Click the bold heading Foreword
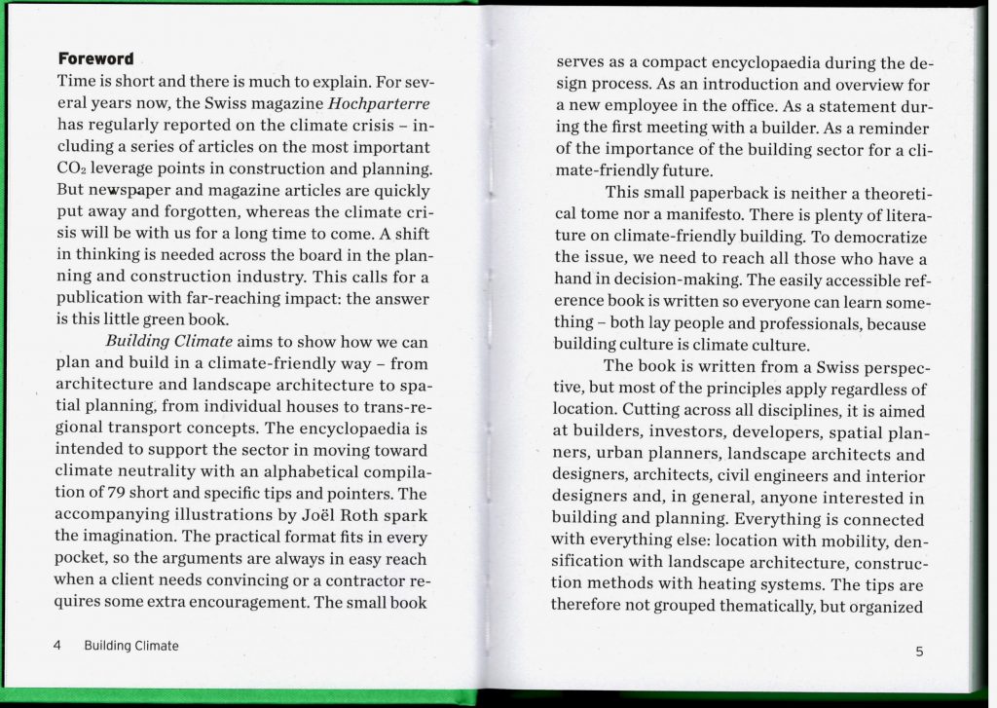pos(95,58)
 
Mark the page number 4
pos(58,646)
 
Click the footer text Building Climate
pos(131,646)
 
